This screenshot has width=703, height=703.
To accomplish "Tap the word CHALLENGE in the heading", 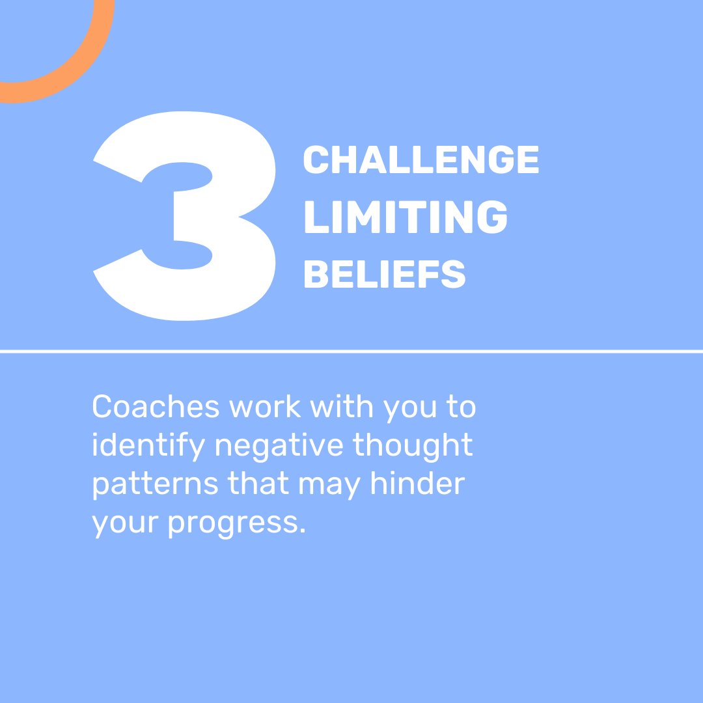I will click(421, 160).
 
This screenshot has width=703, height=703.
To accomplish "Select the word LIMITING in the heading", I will click(405, 218).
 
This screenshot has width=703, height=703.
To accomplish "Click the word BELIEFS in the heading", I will click(384, 275).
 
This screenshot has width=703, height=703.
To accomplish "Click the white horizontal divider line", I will click(351, 351).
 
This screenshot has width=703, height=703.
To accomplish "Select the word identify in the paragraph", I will click(148, 446).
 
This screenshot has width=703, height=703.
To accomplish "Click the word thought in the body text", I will click(413, 446).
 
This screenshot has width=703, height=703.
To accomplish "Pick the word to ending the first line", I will click(461, 407).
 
